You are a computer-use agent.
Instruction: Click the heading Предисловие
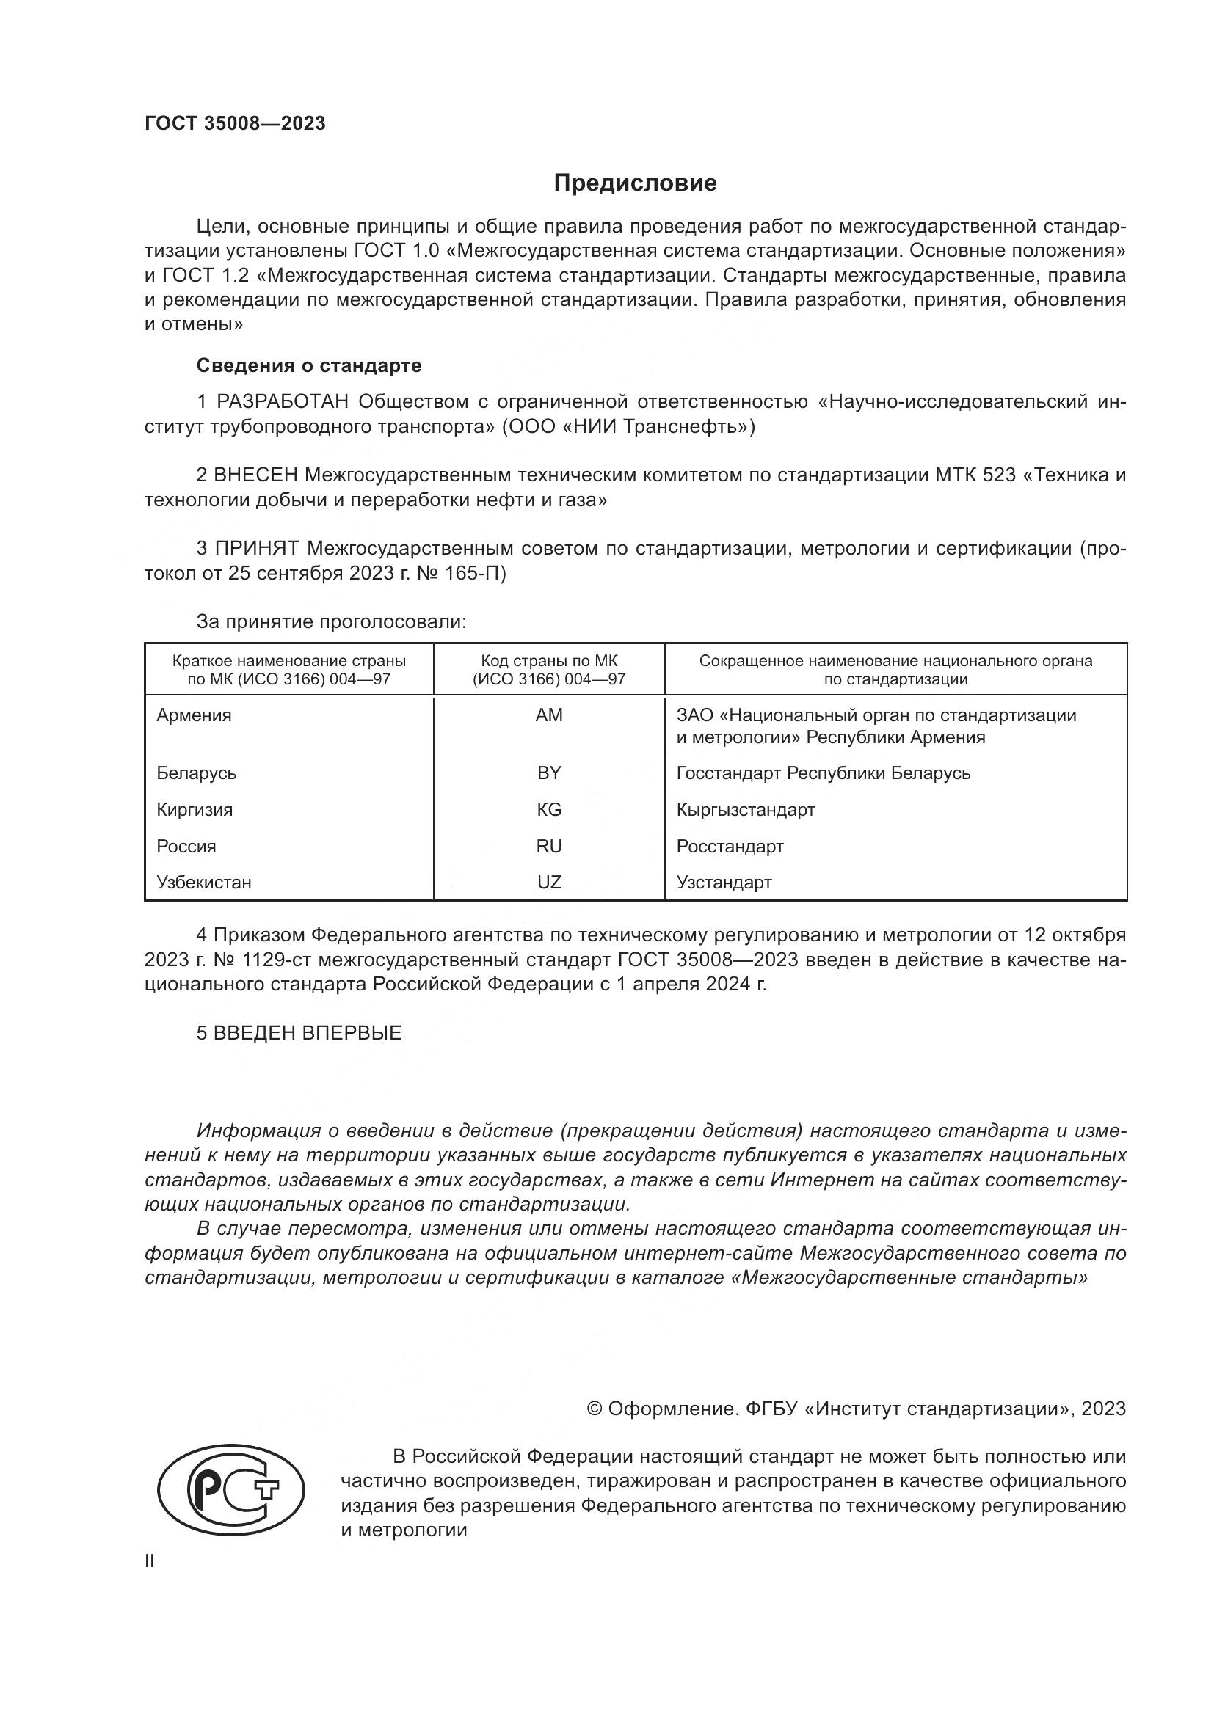[x=635, y=183]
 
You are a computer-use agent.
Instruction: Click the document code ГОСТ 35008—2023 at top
[x=235, y=124]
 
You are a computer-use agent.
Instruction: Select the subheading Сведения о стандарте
[x=309, y=365]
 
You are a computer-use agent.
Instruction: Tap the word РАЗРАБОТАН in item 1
[x=282, y=402]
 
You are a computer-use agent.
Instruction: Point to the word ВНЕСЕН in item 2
[x=255, y=475]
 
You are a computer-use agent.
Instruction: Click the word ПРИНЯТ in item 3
[x=256, y=549]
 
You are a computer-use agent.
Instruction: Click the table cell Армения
[x=194, y=715]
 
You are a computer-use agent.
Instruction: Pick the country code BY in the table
[x=549, y=773]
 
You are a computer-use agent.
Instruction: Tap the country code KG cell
[x=549, y=809]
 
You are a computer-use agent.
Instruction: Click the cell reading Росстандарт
[x=730, y=846]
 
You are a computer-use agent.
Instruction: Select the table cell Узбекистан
[x=203, y=882]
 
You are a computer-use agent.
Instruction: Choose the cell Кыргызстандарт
[x=745, y=809]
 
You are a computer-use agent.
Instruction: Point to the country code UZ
[x=549, y=882]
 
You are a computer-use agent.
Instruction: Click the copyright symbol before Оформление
[x=595, y=1409]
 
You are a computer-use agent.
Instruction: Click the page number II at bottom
[x=150, y=1560]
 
